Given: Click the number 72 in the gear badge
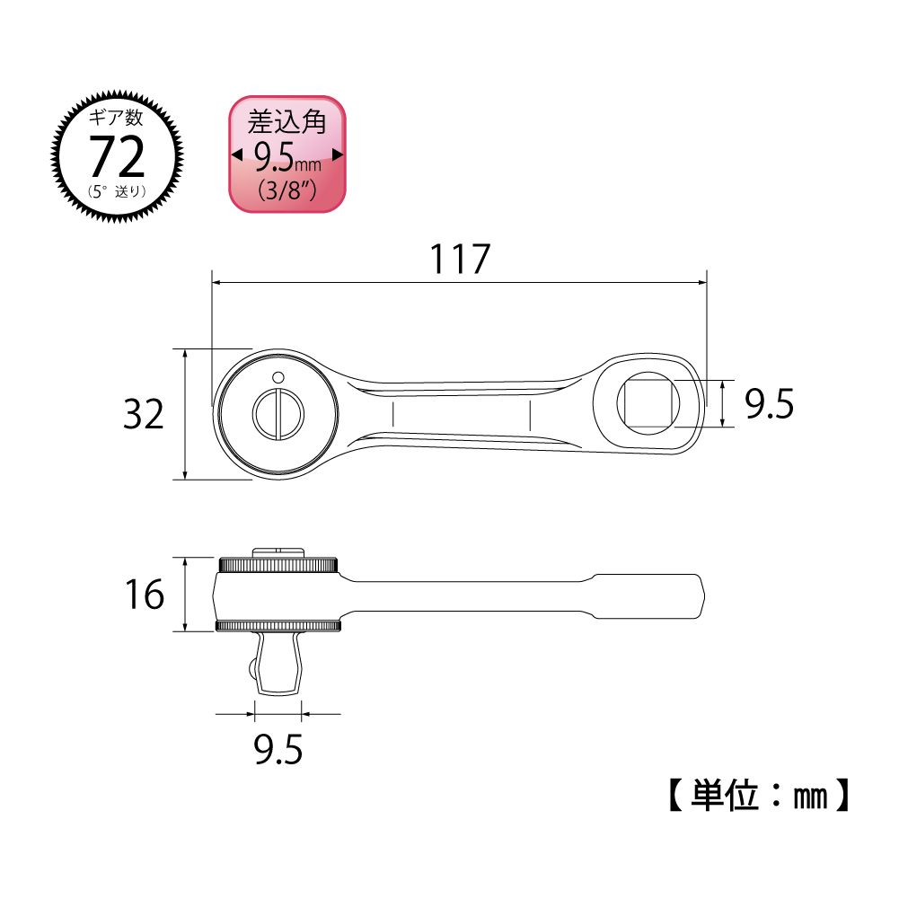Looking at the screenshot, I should (x=117, y=157).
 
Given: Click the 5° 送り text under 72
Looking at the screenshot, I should (x=117, y=190).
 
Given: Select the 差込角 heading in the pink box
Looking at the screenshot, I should (x=286, y=121).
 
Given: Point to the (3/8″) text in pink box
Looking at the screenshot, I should (x=286, y=190).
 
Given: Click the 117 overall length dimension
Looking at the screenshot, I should (x=459, y=260).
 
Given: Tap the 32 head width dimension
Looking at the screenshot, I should (x=143, y=415).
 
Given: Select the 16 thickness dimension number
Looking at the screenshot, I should (x=143, y=595).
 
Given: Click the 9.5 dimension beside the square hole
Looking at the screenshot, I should (x=770, y=405).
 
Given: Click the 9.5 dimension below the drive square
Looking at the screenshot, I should (x=278, y=749).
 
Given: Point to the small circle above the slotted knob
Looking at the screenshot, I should (x=278, y=376).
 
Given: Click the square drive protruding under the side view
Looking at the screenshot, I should (x=278, y=663).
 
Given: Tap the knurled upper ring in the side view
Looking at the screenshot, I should (x=278, y=565).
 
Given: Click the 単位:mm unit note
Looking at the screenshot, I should (x=755, y=795).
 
